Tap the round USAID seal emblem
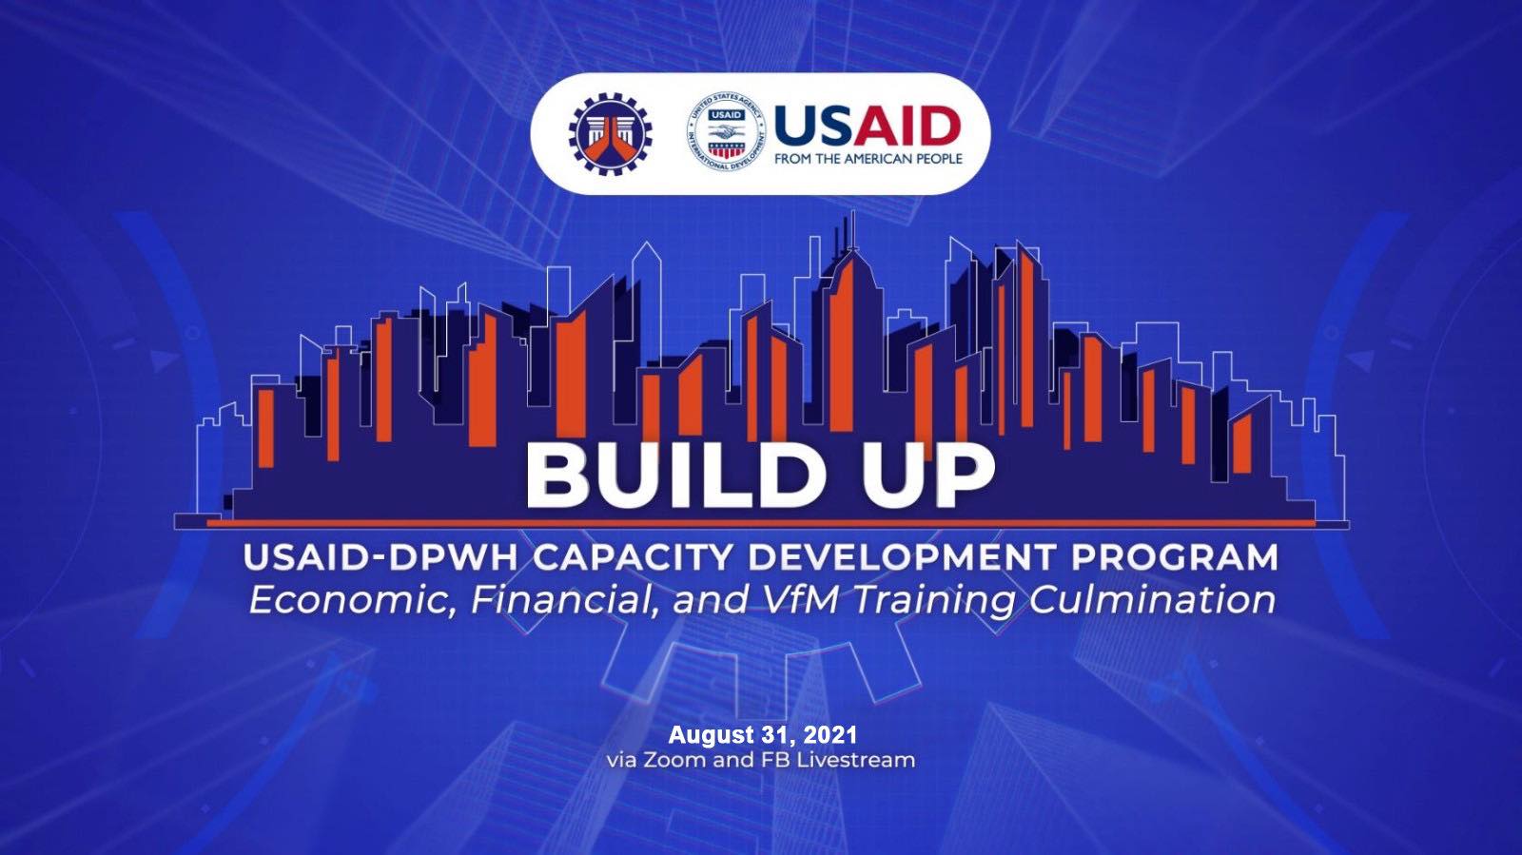point(726,132)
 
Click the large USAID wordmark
point(868,126)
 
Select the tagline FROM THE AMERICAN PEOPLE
point(868,159)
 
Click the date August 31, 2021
point(762,734)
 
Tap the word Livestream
point(855,759)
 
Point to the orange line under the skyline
point(761,523)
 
